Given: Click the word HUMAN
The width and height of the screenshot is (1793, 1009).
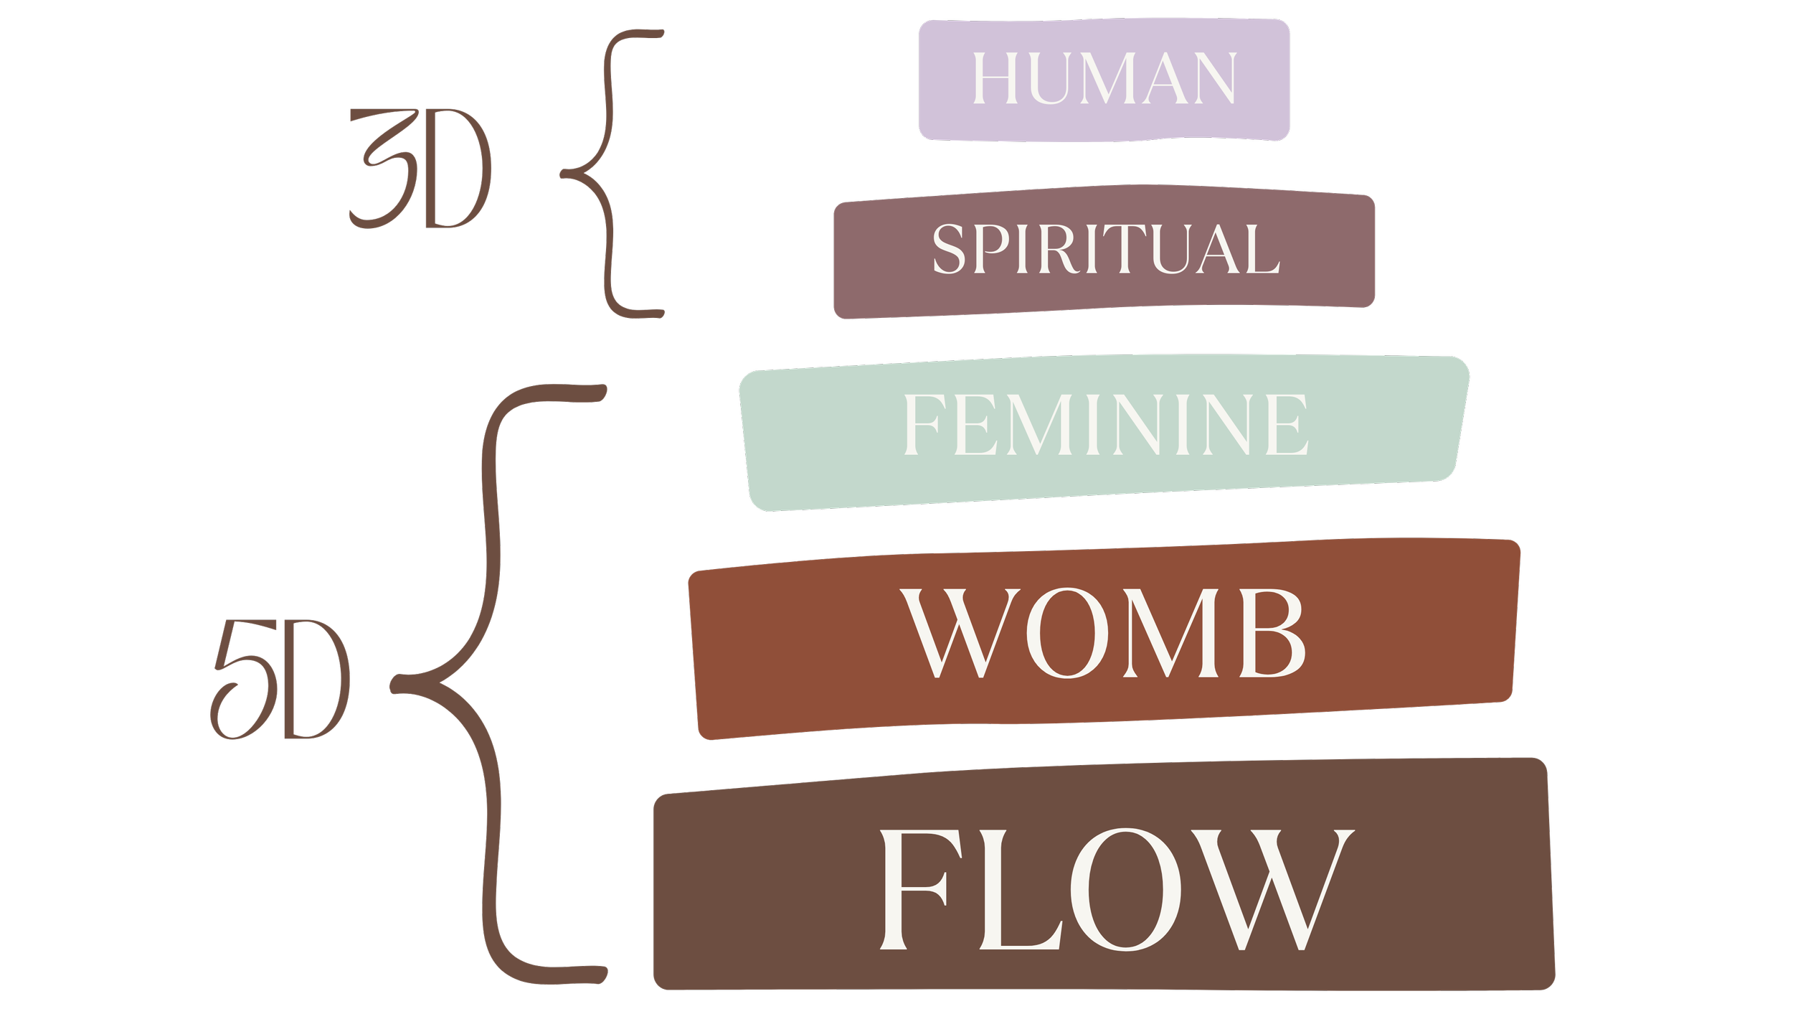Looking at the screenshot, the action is coord(1104,78).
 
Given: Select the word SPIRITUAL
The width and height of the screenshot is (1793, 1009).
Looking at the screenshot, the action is coord(1106,249).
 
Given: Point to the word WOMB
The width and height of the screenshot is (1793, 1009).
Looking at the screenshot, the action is coord(1103,633).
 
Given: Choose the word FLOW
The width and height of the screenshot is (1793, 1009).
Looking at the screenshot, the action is coord(1116,889).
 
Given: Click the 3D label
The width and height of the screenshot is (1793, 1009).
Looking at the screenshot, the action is coord(420,169).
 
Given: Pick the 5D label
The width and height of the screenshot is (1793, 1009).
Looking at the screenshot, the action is coord(280,679).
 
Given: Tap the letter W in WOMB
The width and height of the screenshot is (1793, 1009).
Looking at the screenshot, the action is coord(960,633).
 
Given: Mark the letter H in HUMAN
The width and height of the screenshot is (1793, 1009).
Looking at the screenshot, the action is coord(998,78).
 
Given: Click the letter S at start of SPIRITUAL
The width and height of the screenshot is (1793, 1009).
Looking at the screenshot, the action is coord(950,249).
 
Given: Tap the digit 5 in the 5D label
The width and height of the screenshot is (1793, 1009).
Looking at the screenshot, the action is coord(238,679).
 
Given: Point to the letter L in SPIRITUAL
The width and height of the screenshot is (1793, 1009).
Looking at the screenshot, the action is coord(1264,249).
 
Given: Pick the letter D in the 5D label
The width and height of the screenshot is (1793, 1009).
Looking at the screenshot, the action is coord(316,679).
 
